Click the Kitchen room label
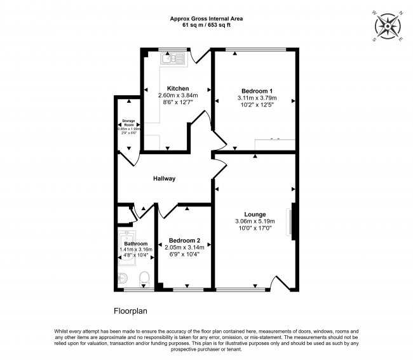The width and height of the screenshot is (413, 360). pos(177,88)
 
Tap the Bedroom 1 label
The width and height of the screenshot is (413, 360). pos(254,91)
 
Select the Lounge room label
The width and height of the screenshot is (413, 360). pos(255,214)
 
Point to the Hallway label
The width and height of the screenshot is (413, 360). pos(164,178)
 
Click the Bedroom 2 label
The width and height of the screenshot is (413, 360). pos(184,240)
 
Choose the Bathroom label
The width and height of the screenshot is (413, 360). pos(136,244)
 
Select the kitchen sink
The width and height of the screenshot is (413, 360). pos(172,60)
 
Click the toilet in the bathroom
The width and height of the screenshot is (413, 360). pos(145,278)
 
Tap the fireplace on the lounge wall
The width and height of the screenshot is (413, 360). pos(293,221)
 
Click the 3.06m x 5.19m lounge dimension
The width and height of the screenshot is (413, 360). pos(255,222)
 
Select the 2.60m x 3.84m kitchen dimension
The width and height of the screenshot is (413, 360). pos(177,95)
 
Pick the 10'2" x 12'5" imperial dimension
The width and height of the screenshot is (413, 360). pos(254,105)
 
